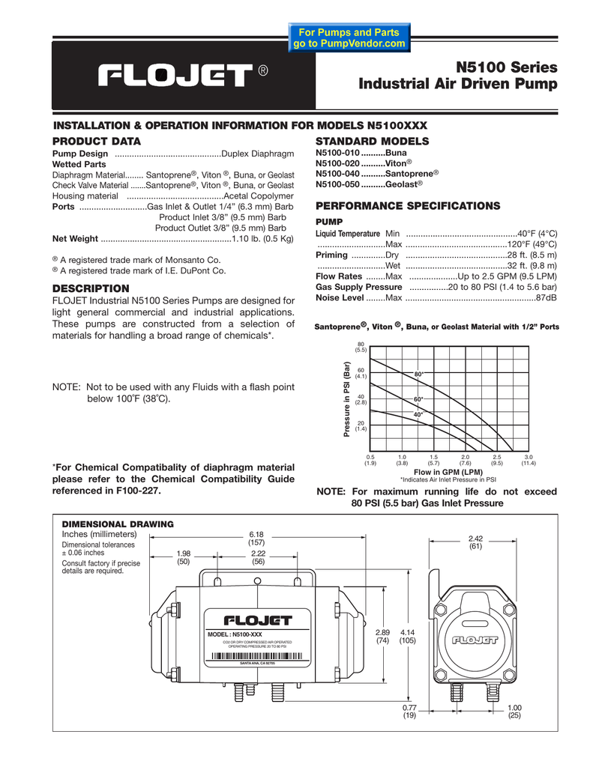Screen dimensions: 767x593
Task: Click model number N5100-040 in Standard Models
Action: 338,173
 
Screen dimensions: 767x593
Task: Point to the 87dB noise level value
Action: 547,297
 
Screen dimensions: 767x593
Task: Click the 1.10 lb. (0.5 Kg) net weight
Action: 262,239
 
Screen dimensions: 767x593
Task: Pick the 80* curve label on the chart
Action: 419,374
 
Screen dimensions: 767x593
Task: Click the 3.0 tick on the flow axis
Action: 528,457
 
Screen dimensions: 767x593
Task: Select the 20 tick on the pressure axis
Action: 361,424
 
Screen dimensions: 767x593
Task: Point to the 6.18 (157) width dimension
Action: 257,538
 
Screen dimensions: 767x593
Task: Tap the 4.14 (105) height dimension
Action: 407,637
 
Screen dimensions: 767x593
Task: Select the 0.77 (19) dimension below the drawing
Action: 409,711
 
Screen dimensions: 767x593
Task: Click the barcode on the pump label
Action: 257,657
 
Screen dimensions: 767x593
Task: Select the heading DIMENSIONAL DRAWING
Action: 117,523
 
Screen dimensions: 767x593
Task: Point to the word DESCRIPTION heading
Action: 91,288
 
